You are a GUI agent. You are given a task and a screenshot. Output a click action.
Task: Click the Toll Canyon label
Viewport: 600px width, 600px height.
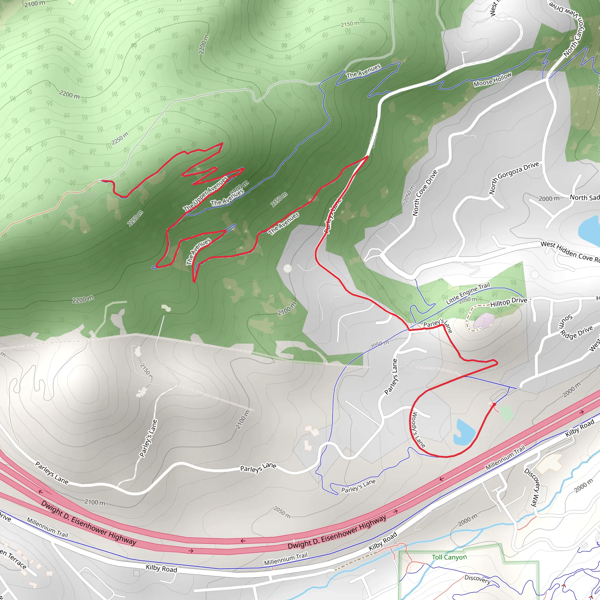point(449,557)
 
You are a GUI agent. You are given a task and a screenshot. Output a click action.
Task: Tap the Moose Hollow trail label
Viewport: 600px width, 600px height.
point(492,79)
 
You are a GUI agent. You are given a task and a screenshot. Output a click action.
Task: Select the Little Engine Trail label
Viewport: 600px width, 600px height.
point(468,293)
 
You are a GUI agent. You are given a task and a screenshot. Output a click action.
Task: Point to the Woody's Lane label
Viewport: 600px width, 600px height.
point(418,430)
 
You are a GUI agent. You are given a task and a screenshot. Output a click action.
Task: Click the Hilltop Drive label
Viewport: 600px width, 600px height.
point(509,302)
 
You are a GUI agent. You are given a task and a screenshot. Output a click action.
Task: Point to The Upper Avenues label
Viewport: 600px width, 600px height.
point(205,195)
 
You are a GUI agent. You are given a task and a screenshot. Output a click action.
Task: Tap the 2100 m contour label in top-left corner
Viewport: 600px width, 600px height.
point(35,4)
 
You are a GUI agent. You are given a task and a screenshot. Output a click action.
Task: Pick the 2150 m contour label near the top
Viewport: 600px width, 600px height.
point(350,24)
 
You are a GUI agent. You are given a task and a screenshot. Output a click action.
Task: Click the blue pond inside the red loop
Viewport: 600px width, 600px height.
point(463,432)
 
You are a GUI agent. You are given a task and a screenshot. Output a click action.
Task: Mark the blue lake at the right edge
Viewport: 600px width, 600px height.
point(589,230)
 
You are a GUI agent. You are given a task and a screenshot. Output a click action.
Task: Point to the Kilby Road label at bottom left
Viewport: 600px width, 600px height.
point(161,568)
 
